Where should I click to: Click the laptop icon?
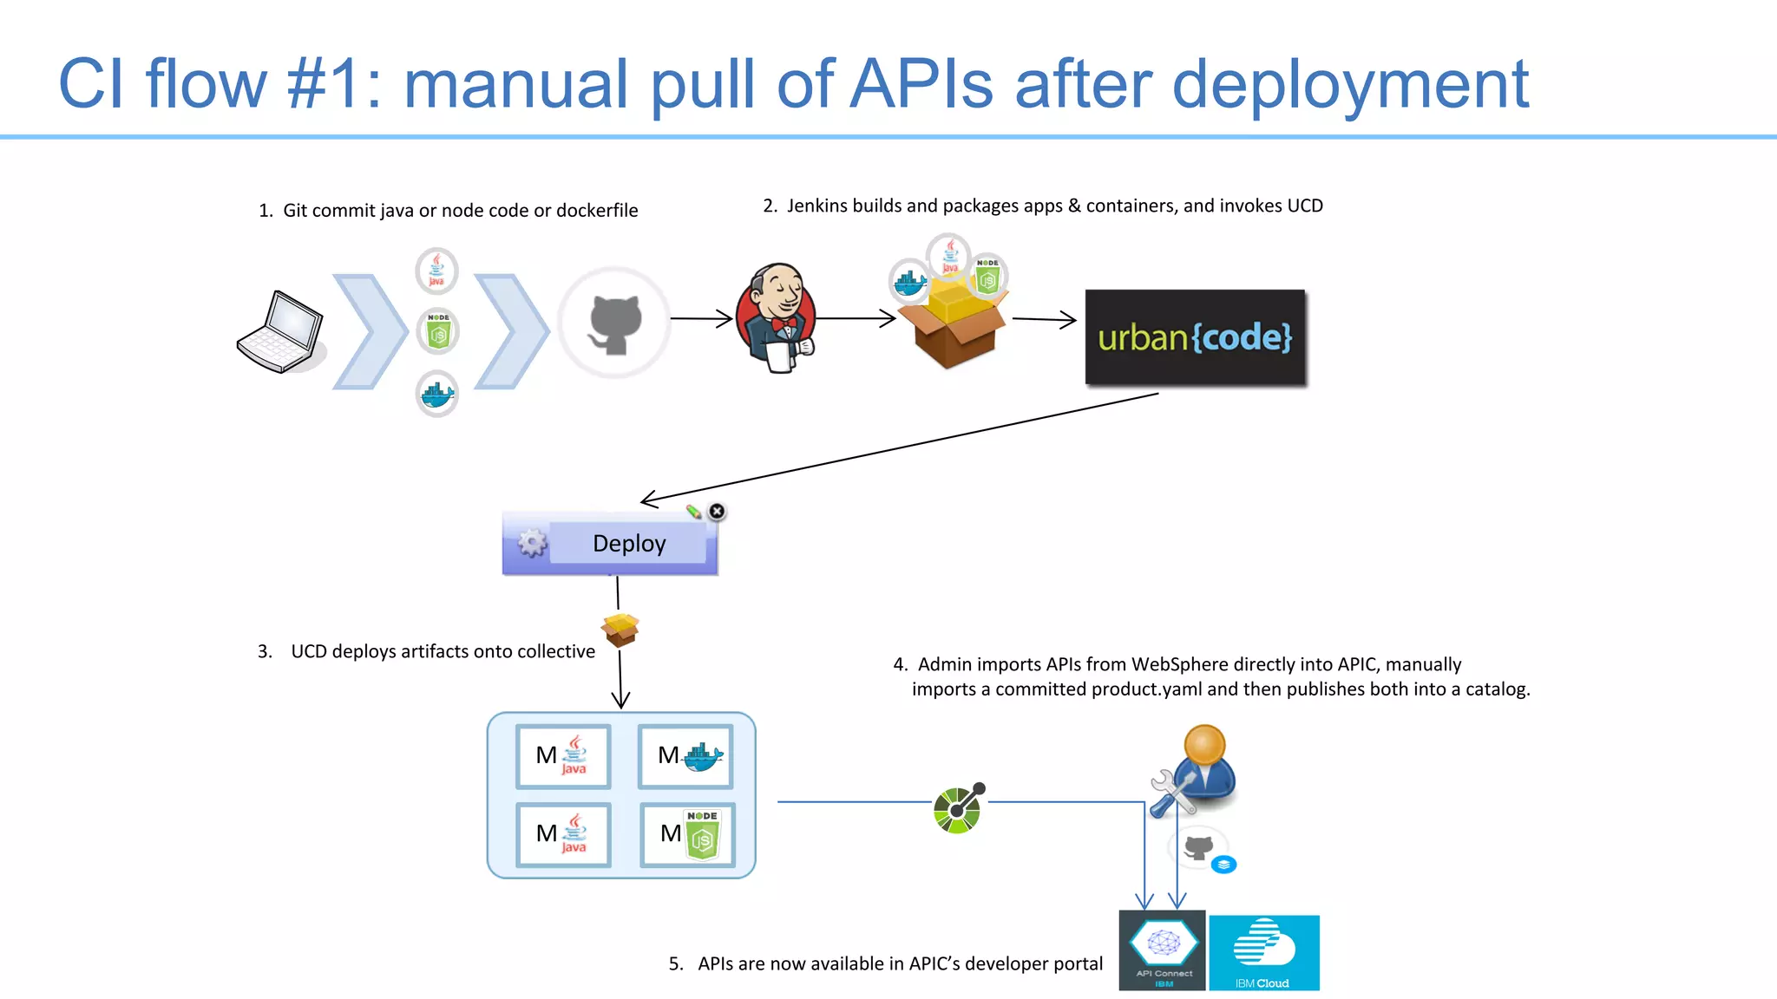(x=280, y=332)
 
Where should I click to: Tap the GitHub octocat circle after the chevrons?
(x=614, y=323)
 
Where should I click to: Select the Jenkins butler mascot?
(x=776, y=318)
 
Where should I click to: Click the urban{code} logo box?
(x=1195, y=337)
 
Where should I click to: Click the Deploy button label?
(x=629, y=544)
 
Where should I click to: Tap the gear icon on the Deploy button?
(x=532, y=544)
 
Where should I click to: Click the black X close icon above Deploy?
(x=717, y=512)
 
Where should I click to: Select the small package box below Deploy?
(x=620, y=630)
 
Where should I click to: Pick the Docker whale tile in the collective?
(x=685, y=756)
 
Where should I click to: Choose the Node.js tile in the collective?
(x=687, y=835)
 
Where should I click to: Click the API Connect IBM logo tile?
(x=1162, y=950)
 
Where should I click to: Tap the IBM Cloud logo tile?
(x=1264, y=952)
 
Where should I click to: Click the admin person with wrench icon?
(x=1197, y=771)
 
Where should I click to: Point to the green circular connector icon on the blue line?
(x=958, y=808)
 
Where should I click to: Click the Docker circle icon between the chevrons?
(x=437, y=395)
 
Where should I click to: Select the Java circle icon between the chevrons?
(x=436, y=271)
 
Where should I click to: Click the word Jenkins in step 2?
(x=816, y=206)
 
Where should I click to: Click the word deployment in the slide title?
(x=1350, y=85)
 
